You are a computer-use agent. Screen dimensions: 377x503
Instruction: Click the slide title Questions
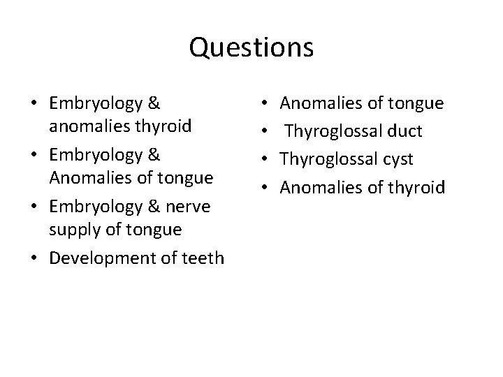[251, 48]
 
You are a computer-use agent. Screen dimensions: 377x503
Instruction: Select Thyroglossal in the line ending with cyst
[325, 159]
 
